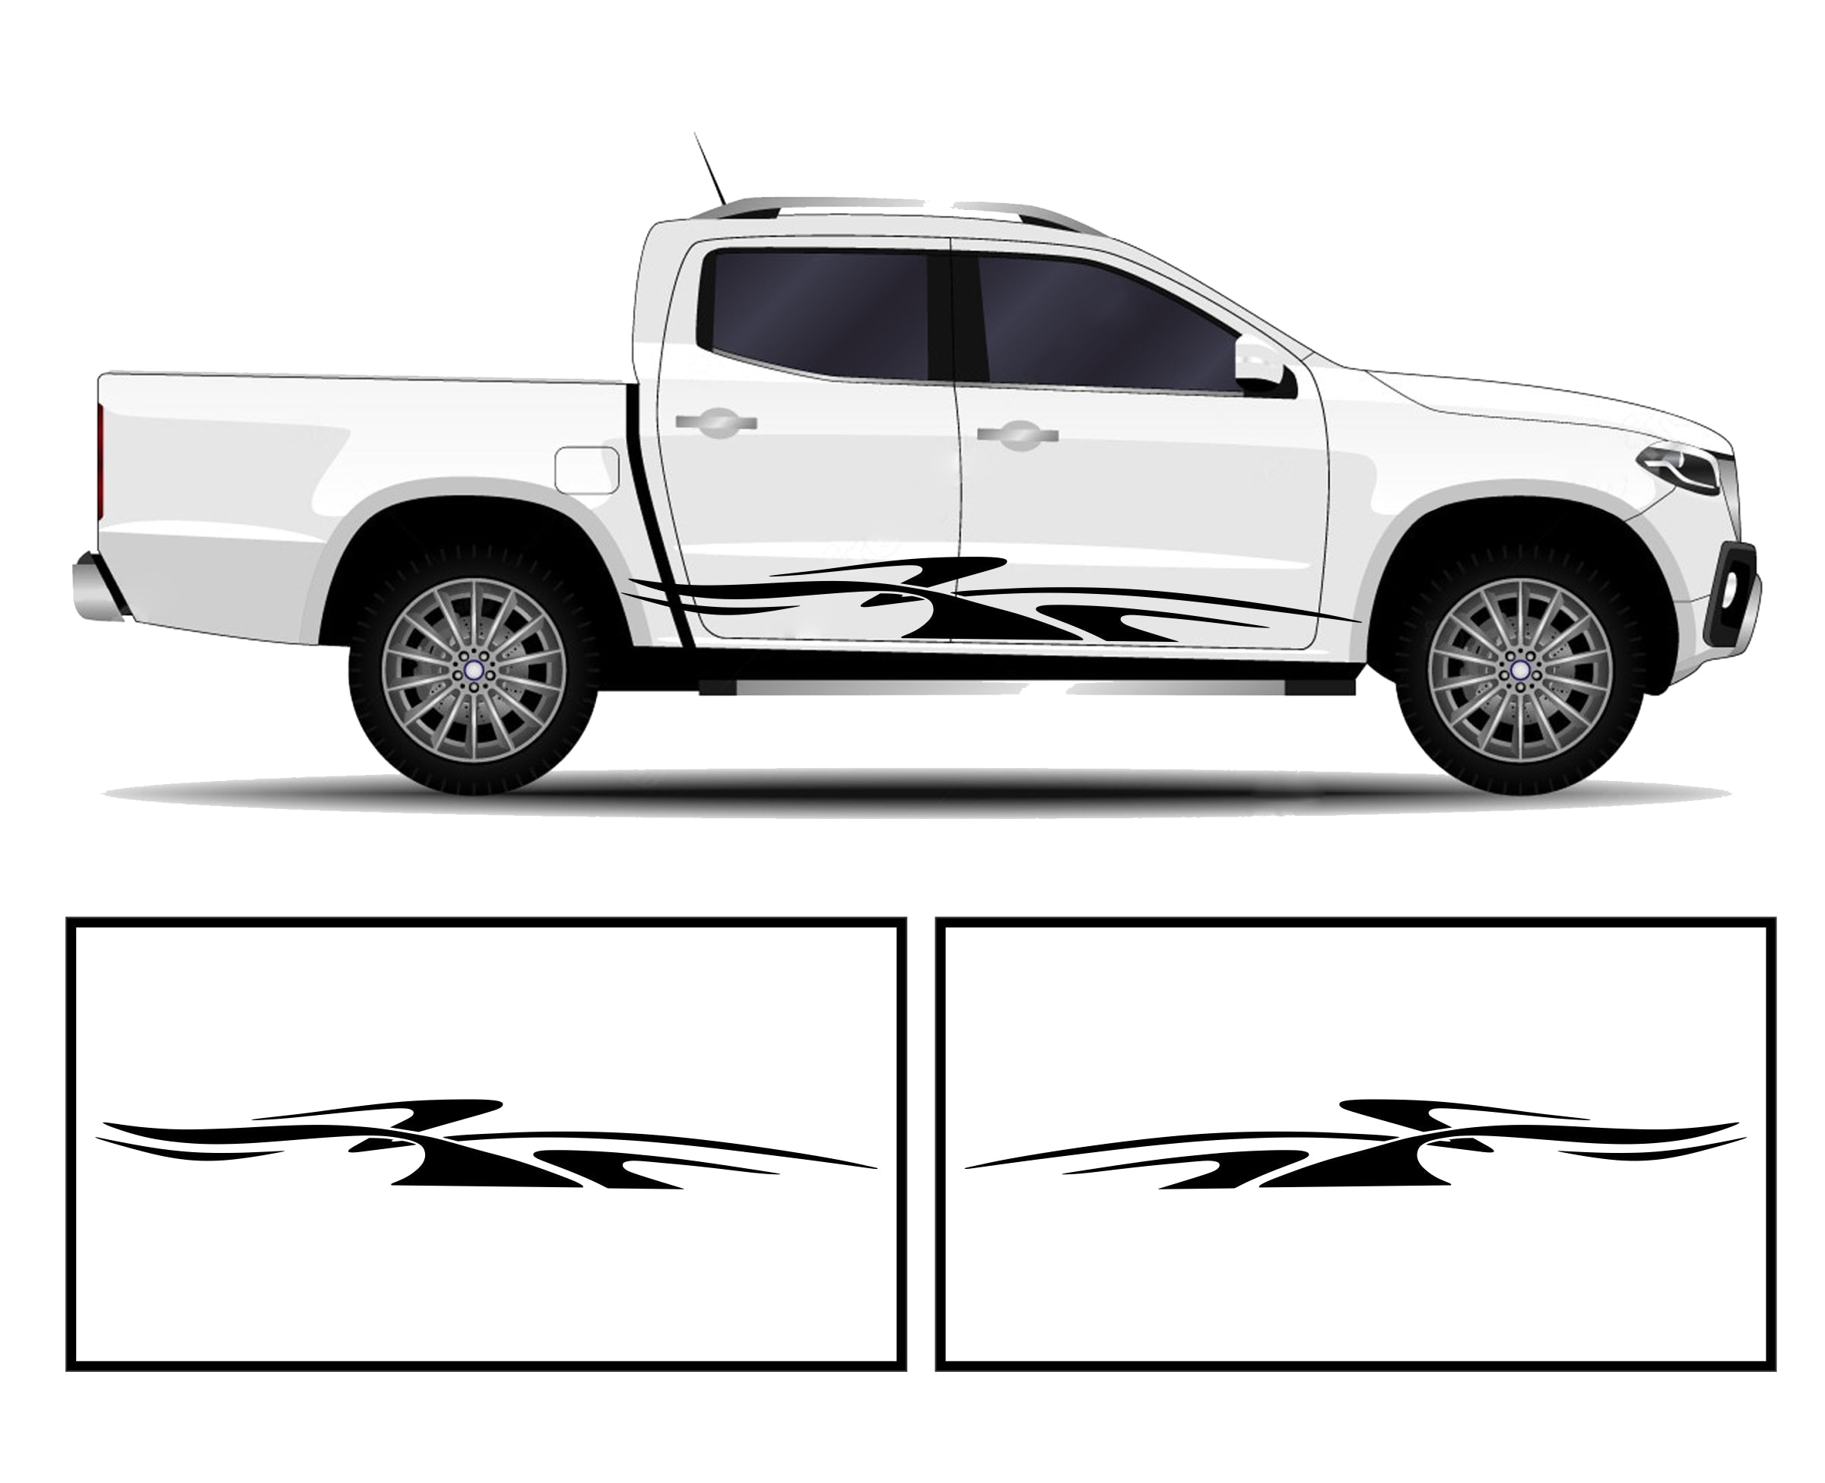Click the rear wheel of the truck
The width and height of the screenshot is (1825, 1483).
tap(473, 671)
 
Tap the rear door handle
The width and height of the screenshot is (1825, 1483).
tap(716, 422)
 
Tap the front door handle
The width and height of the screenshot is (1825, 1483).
tap(1017, 435)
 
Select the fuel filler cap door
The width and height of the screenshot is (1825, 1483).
tap(587, 469)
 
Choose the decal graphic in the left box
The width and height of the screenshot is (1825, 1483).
tap(478, 1145)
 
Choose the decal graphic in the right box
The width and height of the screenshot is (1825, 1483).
tap(1358, 1145)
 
